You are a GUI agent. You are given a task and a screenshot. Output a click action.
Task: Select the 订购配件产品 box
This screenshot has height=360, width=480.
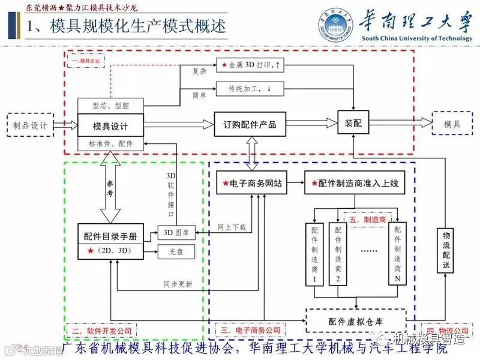point(250,125)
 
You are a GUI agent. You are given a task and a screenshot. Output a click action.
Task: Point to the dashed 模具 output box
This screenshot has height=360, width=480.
point(453,124)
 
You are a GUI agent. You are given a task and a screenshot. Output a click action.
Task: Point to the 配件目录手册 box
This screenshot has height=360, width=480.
point(110,236)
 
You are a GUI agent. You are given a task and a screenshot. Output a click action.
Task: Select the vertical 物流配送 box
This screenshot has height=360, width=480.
point(446,249)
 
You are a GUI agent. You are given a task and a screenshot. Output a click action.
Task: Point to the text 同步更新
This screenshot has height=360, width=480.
point(178,284)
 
